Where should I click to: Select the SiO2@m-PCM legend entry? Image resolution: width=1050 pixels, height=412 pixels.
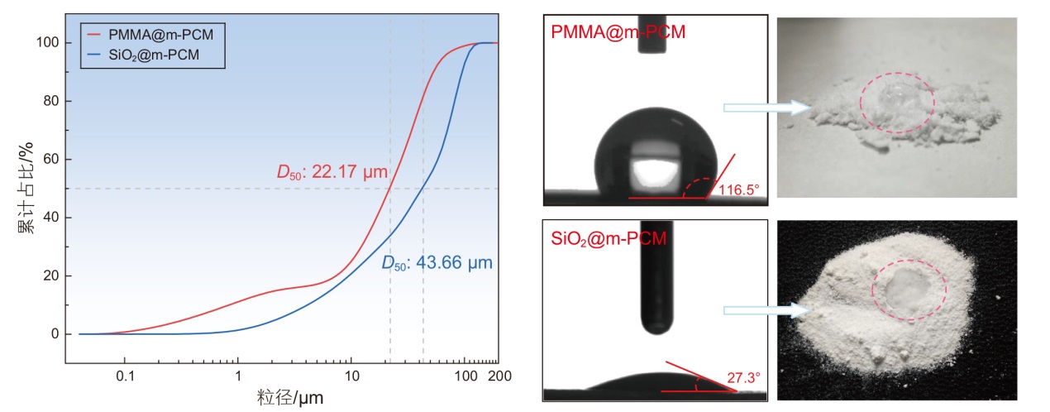[x=160, y=55]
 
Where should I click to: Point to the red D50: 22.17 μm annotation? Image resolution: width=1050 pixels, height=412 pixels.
[x=332, y=173]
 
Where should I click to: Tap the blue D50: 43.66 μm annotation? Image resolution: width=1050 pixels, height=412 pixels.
[x=436, y=263]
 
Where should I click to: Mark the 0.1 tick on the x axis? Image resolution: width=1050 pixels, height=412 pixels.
[x=125, y=375]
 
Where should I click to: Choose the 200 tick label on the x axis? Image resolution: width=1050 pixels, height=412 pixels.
[x=499, y=375]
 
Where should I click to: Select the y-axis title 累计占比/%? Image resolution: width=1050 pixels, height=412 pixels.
[x=26, y=189]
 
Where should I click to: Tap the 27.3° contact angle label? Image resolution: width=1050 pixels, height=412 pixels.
[x=743, y=376]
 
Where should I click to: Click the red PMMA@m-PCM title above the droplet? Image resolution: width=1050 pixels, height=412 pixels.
[x=618, y=32]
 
